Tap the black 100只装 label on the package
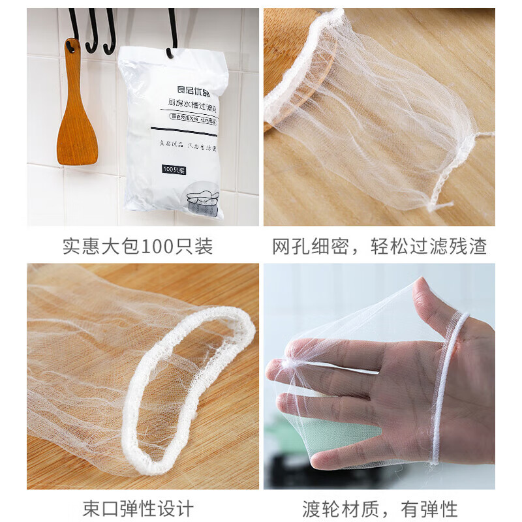[x=174, y=170]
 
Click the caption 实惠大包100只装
[x=137, y=247]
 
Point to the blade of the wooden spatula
[x=77, y=137]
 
